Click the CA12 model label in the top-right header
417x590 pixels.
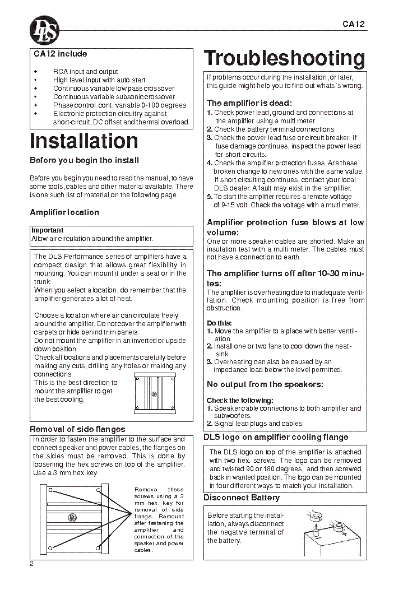click(354, 24)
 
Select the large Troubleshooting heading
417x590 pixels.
click(284, 58)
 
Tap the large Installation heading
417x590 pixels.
click(84, 141)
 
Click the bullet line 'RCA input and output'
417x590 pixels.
click(85, 72)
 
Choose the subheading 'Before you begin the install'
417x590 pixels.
click(84, 160)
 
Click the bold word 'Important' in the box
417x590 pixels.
click(48, 230)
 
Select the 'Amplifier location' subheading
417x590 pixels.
click(64, 212)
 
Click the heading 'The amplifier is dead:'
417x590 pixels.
click(249, 103)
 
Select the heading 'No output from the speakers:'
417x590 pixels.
click(265, 384)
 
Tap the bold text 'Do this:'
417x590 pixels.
click(219, 323)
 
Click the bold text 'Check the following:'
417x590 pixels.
click(240, 401)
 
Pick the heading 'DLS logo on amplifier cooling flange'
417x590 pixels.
click(275, 437)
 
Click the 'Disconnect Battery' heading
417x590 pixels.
click(241, 498)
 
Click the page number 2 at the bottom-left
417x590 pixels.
click(32, 564)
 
